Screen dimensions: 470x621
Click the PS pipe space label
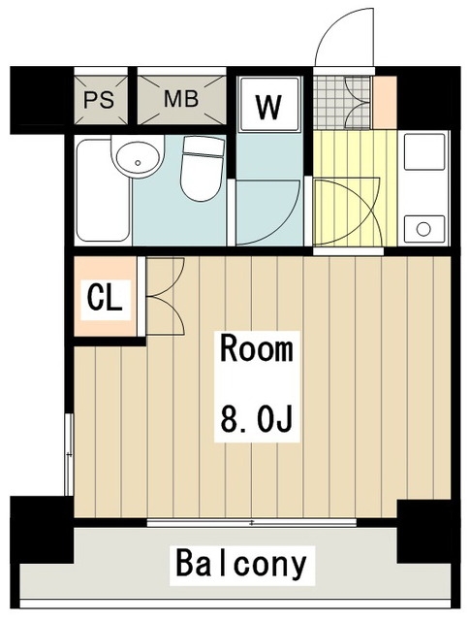click(x=99, y=100)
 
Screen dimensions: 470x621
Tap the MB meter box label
click(x=181, y=99)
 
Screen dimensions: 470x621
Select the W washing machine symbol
click(x=268, y=104)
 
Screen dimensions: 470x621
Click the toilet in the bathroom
click(x=203, y=168)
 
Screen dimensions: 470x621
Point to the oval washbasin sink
click(x=138, y=157)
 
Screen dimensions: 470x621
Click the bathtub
click(x=104, y=190)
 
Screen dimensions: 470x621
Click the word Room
click(x=257, y=348)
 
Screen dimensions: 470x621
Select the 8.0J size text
click(x=257, y=418)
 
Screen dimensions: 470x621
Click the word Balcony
click(x=241, y=564)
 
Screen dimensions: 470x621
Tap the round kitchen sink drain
click(x=423, y=229)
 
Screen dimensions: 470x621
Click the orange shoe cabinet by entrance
click(x=385, y=103)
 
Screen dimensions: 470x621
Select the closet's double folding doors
click(x=165, y=296)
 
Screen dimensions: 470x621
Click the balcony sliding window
click(x=252, y=523)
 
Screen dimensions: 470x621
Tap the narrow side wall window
click(x=69, y=454)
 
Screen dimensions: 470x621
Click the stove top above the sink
click(x=423, y=151)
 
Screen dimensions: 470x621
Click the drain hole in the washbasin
click(x=138, y=162)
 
